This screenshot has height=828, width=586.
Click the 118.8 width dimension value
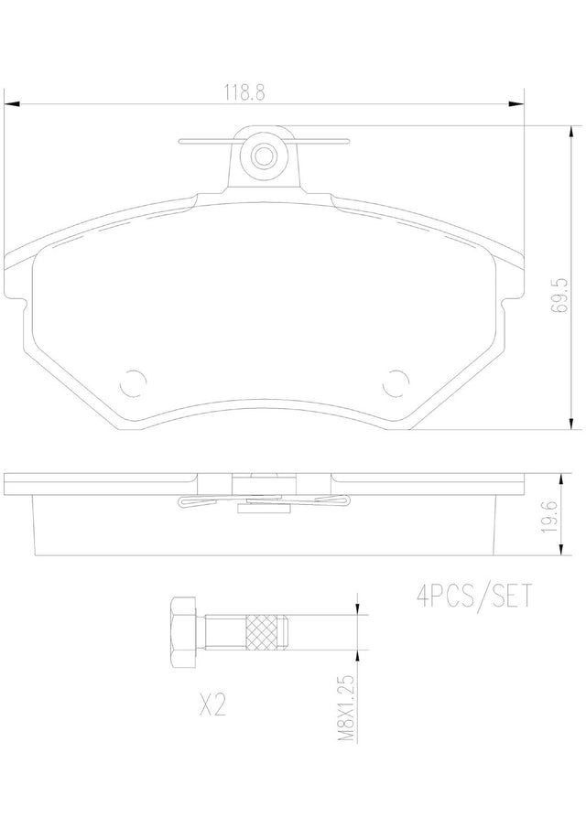coord(245,92)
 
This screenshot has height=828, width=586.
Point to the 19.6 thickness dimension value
coord(549,517)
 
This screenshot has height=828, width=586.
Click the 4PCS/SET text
coord(474,597)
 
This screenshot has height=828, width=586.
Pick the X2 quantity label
coord(213,704)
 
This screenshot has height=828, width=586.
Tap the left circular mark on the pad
coord(133,382)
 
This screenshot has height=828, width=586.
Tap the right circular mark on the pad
coord(396,382)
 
